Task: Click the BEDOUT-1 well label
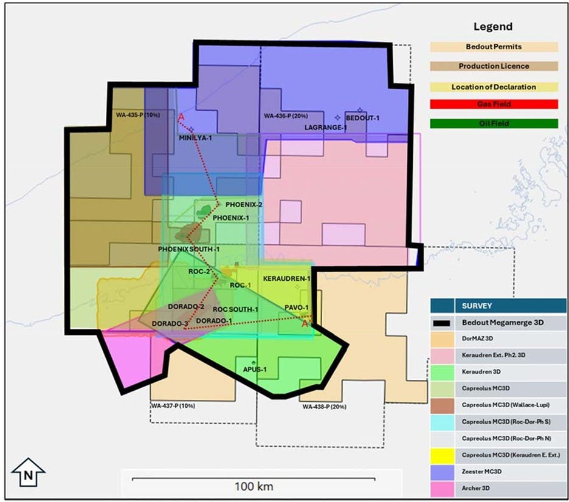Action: click(362, 117)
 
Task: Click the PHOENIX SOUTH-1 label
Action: click(188, 249)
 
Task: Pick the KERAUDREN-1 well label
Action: click(287, 278)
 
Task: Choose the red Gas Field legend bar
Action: click(493, 105)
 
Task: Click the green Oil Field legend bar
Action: click(493, 123)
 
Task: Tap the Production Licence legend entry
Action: click(493, 66)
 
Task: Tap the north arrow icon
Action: click(28, 472)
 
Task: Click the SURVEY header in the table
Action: click(478, 305)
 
